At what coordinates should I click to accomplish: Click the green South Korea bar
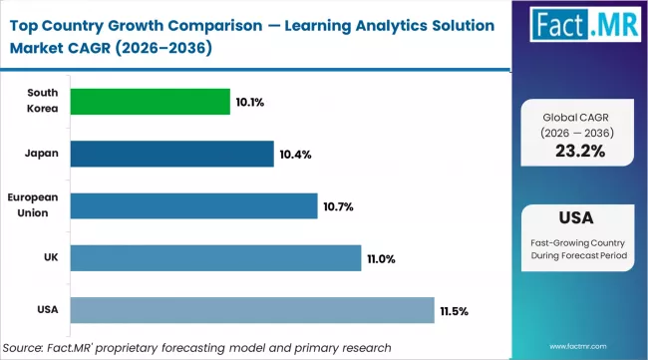click(150, 102)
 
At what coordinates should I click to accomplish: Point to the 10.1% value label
click(251, 102)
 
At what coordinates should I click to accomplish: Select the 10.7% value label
click(339, 206)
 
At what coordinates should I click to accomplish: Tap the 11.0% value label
click(382, 258)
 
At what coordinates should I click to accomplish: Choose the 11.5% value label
click(454, 311)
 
